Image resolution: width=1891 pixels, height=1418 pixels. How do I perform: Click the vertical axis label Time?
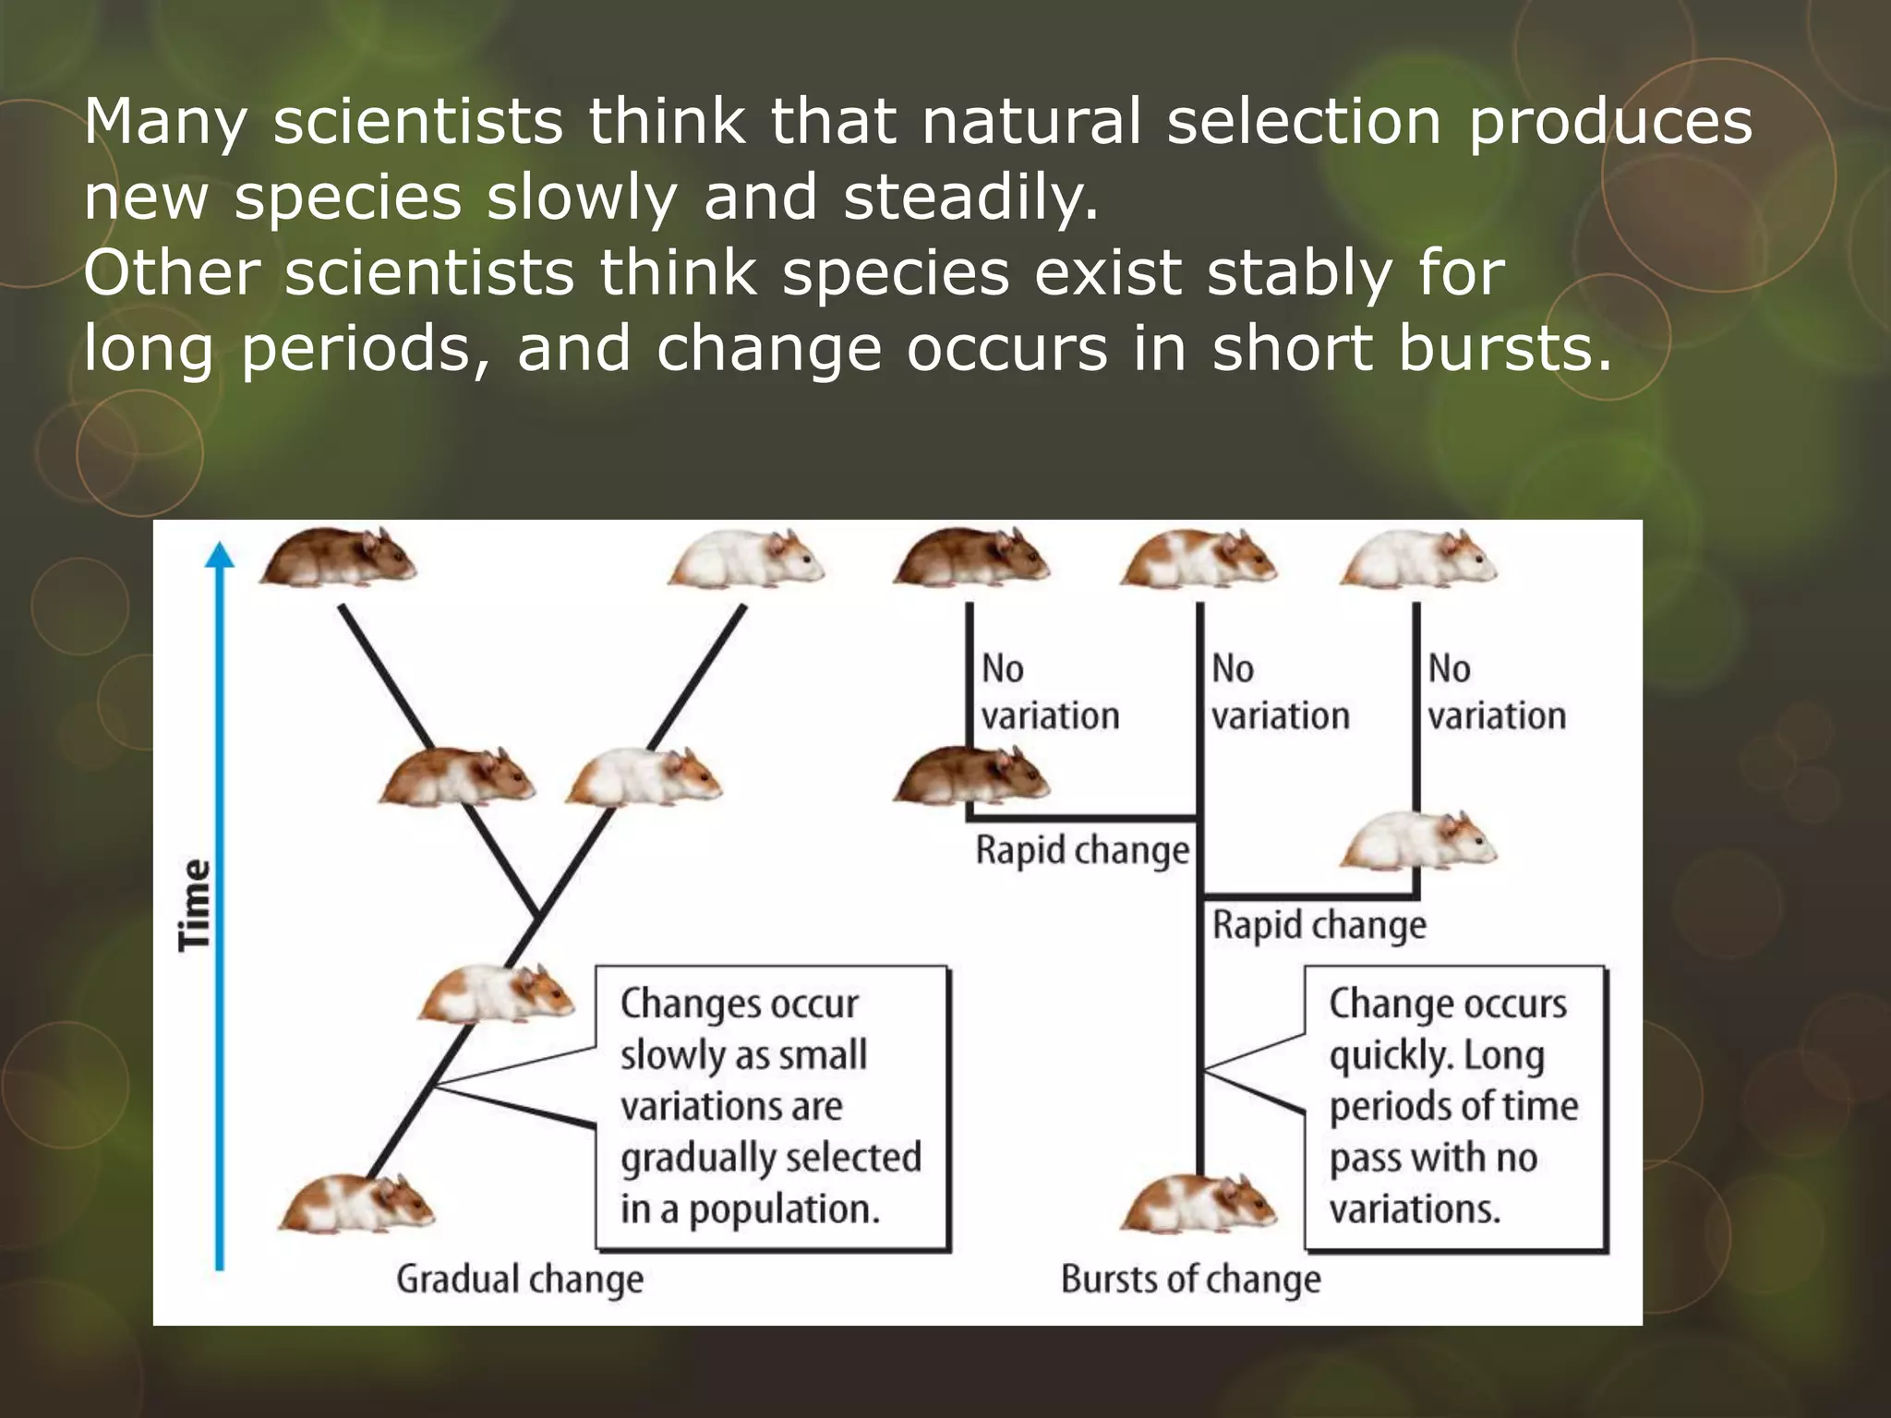coord(195,904)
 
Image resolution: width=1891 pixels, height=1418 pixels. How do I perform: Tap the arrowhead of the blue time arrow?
coord(219,554)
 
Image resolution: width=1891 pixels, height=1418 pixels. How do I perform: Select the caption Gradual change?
coord(520,1280)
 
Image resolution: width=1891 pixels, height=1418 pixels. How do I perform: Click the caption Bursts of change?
coord(1190,1280)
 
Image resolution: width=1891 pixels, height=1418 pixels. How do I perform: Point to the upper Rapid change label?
coord(1082,850)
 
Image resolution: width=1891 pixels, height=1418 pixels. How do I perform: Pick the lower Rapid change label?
coord(1319,925)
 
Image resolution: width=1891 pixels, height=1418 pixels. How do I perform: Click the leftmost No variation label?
coord(1049,692)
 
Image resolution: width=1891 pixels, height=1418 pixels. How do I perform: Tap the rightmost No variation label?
coord(1496,692)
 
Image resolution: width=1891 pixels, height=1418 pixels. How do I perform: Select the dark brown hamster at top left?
coord(338,558)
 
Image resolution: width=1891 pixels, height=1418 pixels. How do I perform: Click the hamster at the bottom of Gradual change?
coord(356,1205)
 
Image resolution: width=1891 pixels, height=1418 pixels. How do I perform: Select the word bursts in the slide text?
coord(1505,349)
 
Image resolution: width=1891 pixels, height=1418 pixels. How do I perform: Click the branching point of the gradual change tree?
coord(537,915)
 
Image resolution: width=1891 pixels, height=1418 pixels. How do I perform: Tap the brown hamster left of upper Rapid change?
coord(970,775)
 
